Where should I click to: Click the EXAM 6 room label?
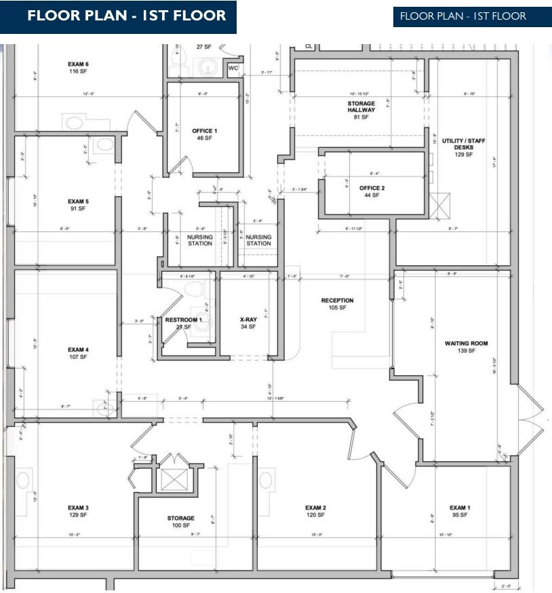[79, 64]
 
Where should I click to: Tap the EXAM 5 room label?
[79, 202]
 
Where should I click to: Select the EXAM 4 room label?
[79, 350]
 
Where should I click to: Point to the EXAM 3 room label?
[79, 508]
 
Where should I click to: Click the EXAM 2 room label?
[316, 508]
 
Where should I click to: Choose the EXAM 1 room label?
[459, 508]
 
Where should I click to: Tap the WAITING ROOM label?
[467, 343]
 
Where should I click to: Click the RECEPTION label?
[338, 301]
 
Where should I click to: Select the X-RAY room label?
[248, 319]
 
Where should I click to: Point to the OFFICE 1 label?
[204, 130]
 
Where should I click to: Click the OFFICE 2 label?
[372, 188]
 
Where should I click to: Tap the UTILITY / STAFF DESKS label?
[464, 144]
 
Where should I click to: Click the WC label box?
[233, 69]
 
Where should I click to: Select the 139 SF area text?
[467, 351]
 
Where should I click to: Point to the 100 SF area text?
[181, 525]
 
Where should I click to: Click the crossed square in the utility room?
[440, 204]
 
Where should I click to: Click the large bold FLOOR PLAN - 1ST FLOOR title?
[127, 16]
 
